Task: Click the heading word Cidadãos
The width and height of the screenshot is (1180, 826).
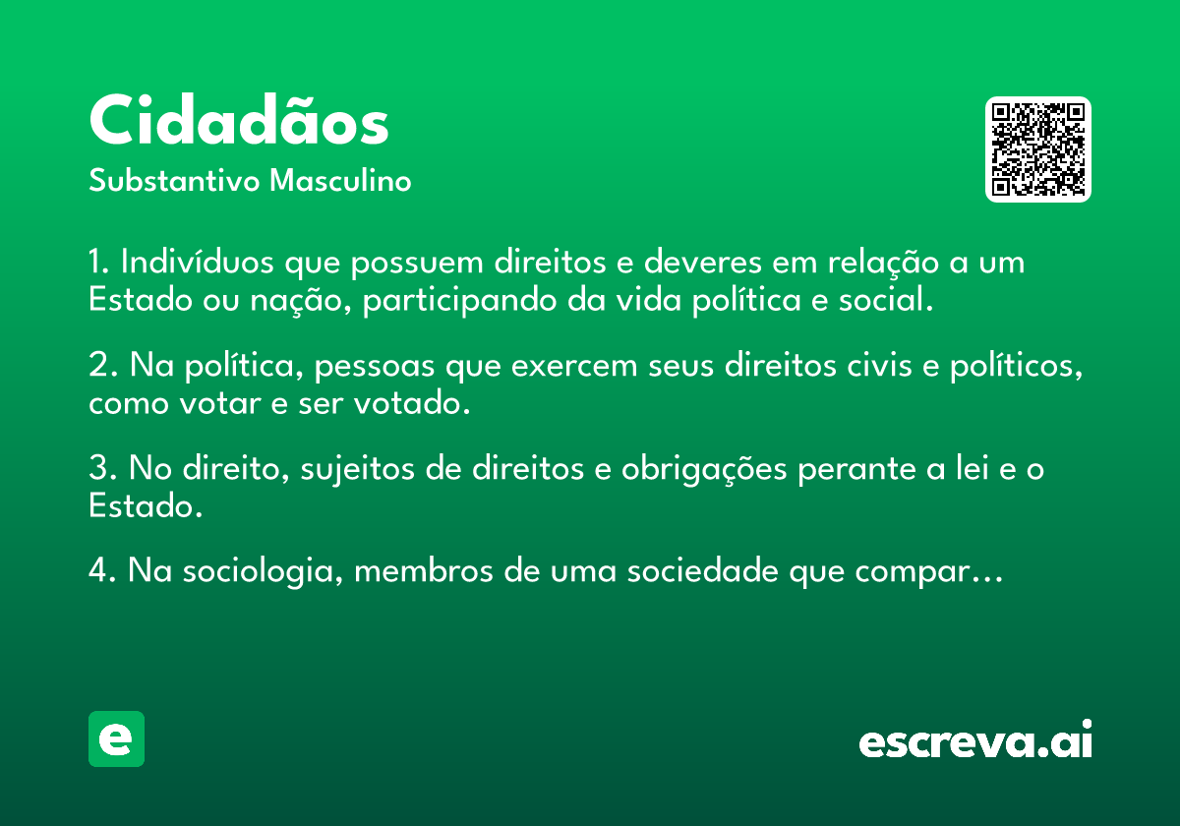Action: tap(239, 120)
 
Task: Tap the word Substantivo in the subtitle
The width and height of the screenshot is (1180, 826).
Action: tap(174, 180)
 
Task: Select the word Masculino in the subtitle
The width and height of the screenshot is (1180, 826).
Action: tap(340, 180)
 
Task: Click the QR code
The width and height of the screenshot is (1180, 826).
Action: tap(1037, 149)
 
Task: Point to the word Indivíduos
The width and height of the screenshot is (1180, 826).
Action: tap(197, 262)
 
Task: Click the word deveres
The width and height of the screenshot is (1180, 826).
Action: tap(703, 262)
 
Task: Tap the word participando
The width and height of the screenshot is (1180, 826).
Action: tap(459, 301)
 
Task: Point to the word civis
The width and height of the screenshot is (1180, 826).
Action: tap(879, 365)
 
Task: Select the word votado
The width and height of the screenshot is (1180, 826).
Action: tap(412, 403)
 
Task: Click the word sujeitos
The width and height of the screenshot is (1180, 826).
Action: tap(357, 469)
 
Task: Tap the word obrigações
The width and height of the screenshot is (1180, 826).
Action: tap(704, 469)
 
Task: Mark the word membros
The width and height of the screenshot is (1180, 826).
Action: tap(424, 571)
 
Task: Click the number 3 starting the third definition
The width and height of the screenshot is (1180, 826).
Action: tap(98, 468)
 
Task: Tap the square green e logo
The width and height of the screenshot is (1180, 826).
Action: tap(116, 738)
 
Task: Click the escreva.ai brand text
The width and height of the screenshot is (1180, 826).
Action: tap(975, 739)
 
